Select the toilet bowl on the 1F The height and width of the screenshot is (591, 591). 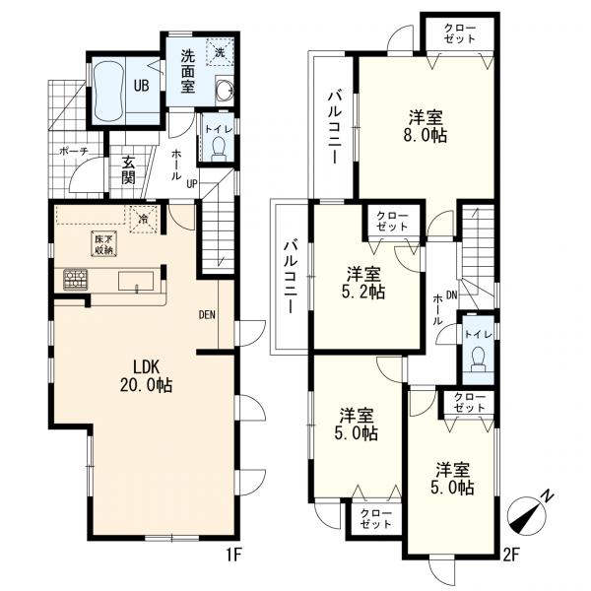[219, 149]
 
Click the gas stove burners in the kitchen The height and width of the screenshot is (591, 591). [76, 280]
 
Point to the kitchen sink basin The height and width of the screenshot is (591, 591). [137, 282]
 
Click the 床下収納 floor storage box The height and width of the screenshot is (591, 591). [104, 244]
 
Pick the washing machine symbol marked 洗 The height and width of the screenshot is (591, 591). [220, 51]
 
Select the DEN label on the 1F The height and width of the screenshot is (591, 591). [207, 315]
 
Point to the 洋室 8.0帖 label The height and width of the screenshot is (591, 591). [426, 126]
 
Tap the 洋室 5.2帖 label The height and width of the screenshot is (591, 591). [363, 283]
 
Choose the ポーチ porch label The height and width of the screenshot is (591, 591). [74, 152]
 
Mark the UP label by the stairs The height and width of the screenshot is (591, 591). [192, 184]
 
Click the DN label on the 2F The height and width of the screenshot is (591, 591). [451, 295]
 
